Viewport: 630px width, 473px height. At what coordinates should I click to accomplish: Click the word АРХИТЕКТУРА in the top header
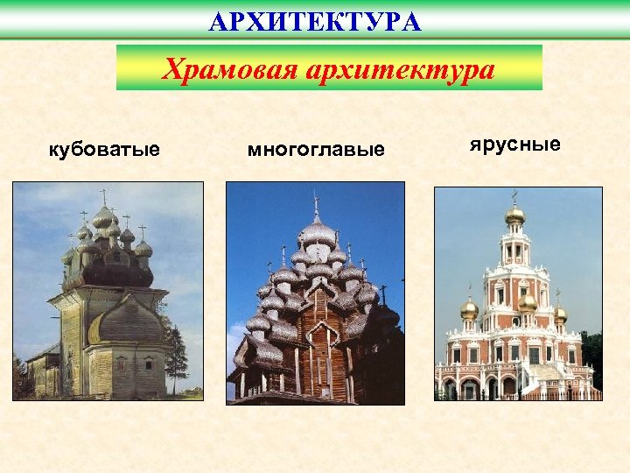[x=315, y=21]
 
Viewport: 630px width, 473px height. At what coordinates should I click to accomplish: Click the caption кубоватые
[x=104, y=150]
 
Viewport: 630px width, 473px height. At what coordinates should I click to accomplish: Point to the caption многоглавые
[x=316, y=150]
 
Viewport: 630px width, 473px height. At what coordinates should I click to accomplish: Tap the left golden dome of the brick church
[x=470, y=308]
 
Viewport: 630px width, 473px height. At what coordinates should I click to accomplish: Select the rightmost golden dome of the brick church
[x=560, y=313]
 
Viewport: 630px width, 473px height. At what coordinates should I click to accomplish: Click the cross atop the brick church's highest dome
[x=515, y=196]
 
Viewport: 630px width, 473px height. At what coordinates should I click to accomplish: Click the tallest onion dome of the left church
[x=104, y=215]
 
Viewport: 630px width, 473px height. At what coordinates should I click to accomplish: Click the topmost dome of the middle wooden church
[x=317, y=232]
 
